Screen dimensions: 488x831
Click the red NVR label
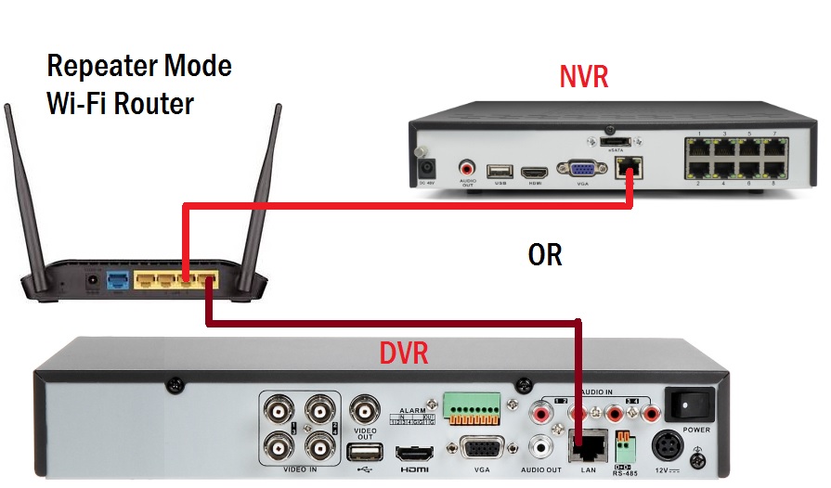(583, 76)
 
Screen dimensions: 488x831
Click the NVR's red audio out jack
(467, 169)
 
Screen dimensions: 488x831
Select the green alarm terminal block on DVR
(472, 406)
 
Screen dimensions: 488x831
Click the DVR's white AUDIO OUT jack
(539, 446)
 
